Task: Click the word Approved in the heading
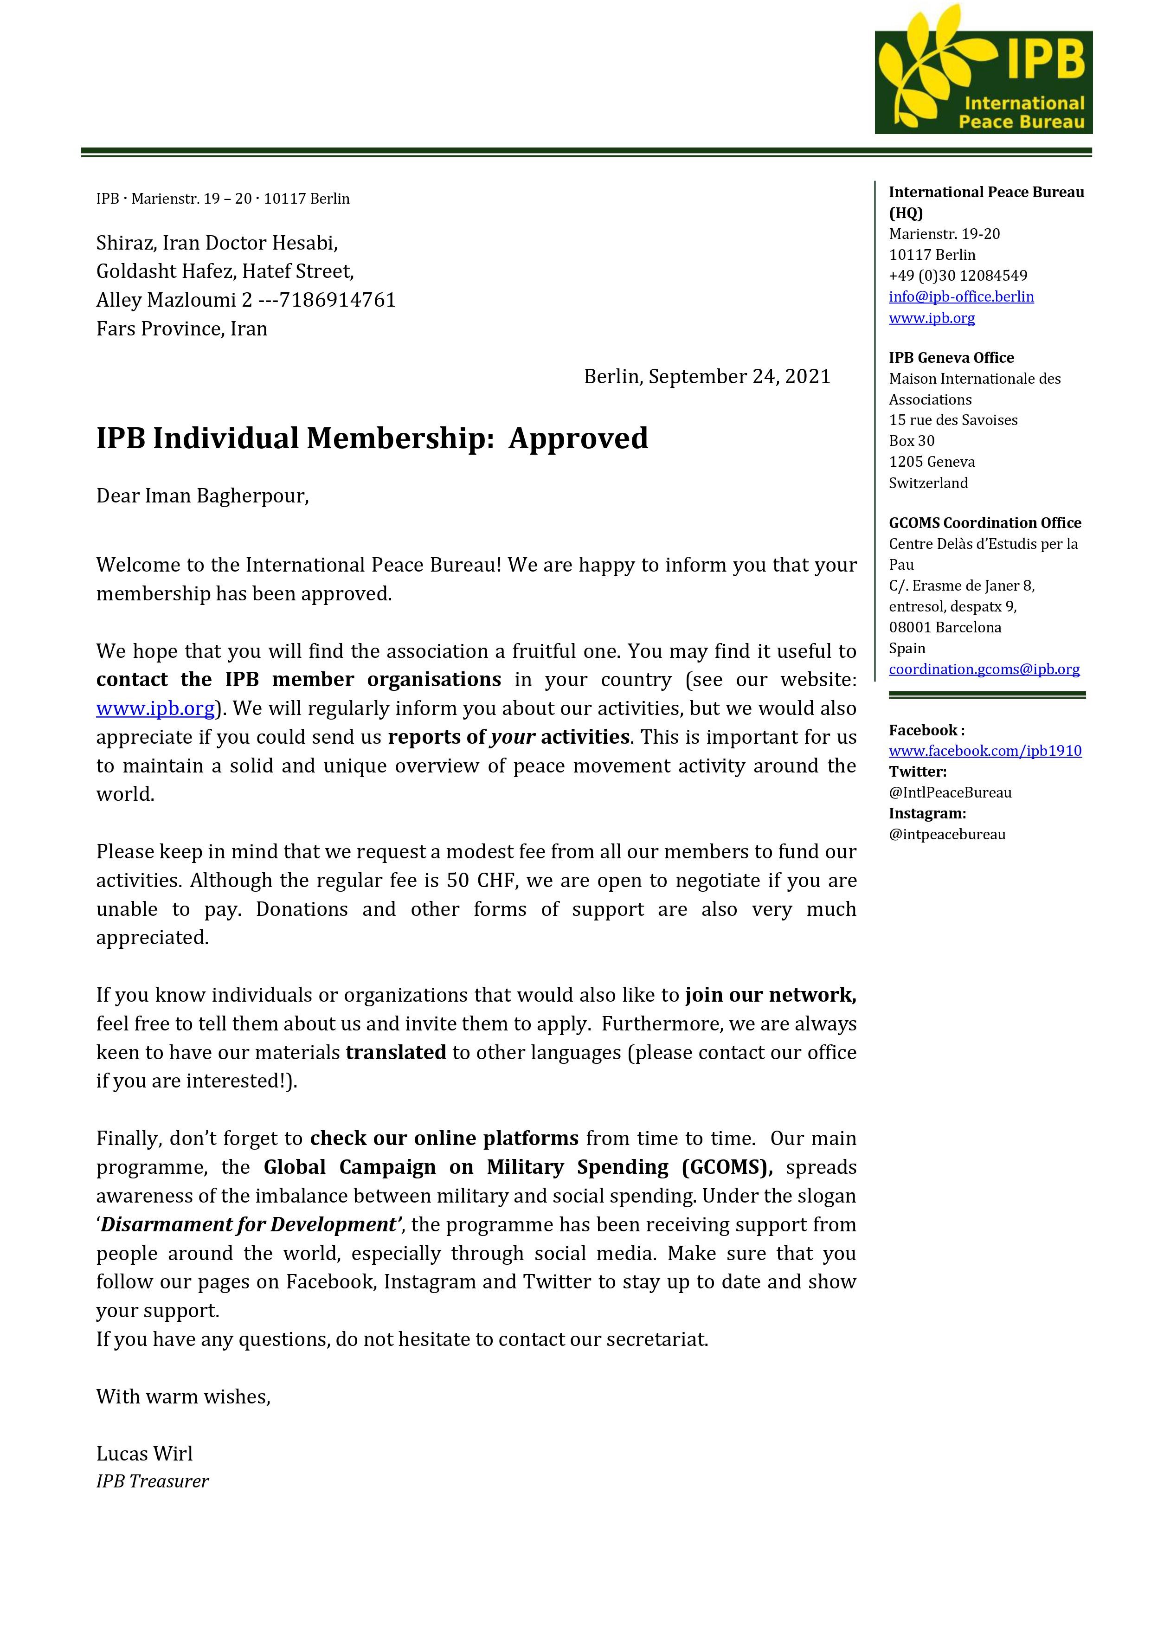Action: click(578, 438)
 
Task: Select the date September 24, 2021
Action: click(739, 377)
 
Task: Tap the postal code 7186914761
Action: click(338, 300)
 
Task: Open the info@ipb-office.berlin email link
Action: click(961, 296)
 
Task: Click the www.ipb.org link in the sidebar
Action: click(931, 318)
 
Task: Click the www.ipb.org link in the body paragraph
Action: click(155, 708)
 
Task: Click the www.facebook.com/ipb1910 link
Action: click(985, 750)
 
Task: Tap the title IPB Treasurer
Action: click(153, 1481)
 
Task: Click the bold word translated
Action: click(396, 1052)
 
